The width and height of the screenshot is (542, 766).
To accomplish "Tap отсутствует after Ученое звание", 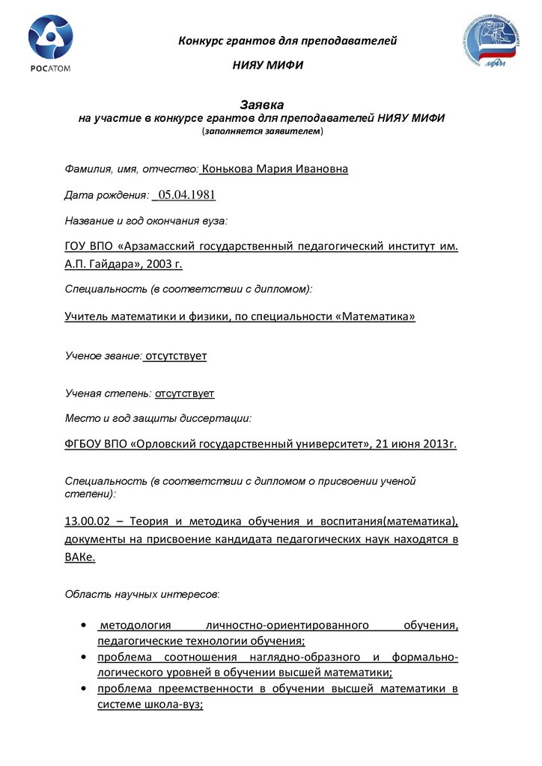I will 175,356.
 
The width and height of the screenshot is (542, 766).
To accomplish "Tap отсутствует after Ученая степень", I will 185,393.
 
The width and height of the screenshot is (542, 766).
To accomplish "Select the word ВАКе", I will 80,557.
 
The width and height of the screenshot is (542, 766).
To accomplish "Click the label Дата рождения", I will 106,196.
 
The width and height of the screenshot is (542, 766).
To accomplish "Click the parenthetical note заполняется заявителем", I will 262,131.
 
